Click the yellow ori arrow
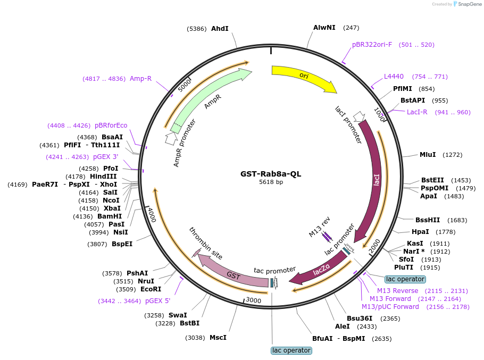coord(304,77)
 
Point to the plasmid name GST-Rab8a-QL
coord(271,173)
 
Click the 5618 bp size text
coord(271,182)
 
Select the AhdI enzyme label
coord(220,28)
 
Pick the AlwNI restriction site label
coord(324,27)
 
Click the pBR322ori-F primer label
coord(372,44)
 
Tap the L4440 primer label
coord(394,76)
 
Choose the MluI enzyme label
coord(428,155)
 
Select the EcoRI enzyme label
coord(151,289)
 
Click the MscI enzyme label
coord(218,337)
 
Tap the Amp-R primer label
coord(140,79)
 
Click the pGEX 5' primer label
coord(157,301)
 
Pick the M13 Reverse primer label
coord(397,290)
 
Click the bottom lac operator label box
coord(291,350)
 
